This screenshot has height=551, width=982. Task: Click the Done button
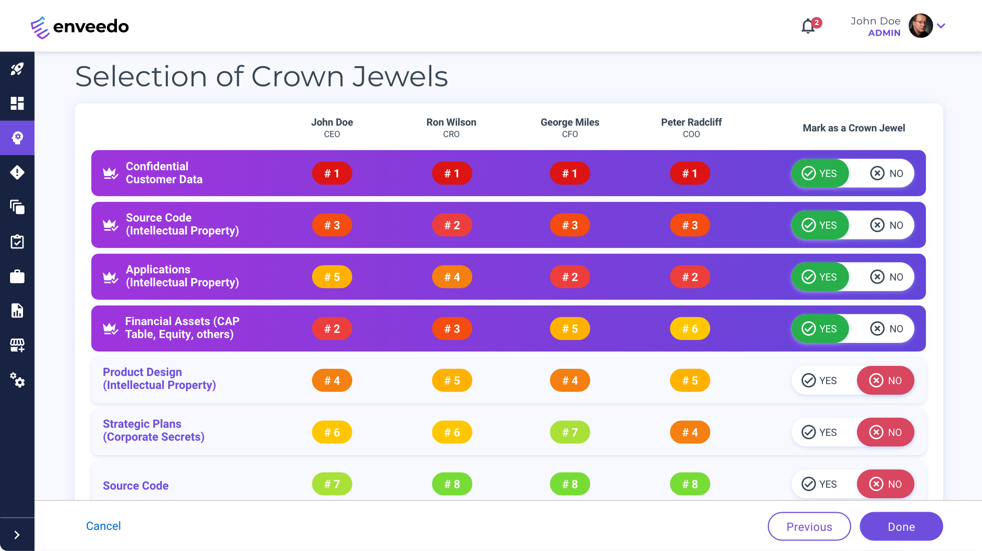901,526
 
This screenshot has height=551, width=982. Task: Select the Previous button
809,526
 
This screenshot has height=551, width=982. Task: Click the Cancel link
104,526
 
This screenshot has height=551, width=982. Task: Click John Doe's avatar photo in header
920,26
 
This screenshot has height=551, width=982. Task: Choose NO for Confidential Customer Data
886,173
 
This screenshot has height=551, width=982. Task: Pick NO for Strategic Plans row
886,432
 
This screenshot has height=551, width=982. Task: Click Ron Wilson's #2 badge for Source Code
452,225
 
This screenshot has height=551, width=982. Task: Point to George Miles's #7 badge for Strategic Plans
570,432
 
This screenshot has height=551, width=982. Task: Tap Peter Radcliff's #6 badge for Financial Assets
690,328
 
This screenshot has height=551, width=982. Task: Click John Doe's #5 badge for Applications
332,277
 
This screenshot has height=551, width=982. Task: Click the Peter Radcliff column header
691,128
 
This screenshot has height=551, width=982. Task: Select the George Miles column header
570,128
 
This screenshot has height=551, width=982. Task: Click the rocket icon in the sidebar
17,69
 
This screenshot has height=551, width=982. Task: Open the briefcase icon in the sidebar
17,276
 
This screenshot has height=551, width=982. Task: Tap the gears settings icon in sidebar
17,380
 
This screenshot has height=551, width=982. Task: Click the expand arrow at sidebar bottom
17,535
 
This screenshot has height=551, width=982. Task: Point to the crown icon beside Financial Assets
110,328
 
